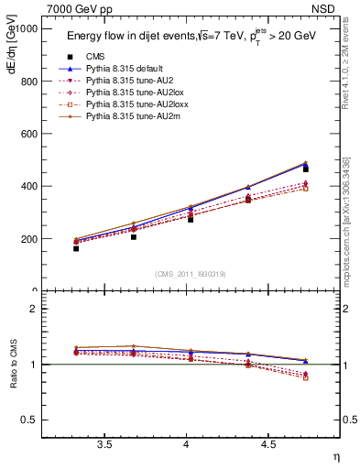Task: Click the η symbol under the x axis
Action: pos(334,457)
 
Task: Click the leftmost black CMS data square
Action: pos(76,248)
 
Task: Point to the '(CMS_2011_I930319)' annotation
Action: pos(191,274)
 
